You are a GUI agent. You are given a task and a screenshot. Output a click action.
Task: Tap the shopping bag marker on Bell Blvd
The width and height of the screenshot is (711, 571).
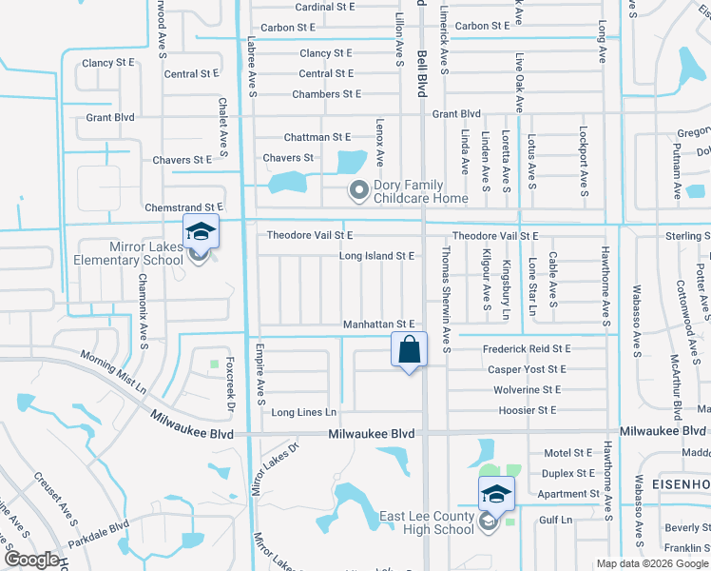pyautogui.click(x=409, y=348)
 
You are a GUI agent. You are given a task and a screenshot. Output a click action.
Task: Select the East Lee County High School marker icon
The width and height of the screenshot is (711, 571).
pyautogui.click(x=495, y=494)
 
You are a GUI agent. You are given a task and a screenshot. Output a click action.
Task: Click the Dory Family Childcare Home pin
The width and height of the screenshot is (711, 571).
pyautogui.click(x=359, y=191)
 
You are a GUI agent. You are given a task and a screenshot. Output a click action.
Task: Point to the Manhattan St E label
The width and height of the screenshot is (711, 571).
pyautogui.click(x=379, y=325)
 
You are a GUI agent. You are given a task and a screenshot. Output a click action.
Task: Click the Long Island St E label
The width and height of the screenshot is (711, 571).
pyautogui.click(x=376, y=256)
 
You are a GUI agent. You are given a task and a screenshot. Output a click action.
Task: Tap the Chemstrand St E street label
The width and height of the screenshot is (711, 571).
pyautogui.click(x=183, y=207)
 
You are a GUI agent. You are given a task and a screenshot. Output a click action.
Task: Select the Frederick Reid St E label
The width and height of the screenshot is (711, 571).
pyautogui.click(x=526, y=350)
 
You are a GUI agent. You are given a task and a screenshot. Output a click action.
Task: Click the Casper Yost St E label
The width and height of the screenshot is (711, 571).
pyautogui.click(x=527, y=369)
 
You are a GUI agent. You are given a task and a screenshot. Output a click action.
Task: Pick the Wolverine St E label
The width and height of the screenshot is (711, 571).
pyautogui.click(x=527, y=390)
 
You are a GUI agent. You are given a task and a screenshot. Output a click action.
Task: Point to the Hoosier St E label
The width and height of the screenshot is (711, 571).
pyautogui.click(x=526, y=410)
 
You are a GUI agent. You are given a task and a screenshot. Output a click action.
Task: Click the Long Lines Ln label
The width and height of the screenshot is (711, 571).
pyautogui.click(x=304, y=412)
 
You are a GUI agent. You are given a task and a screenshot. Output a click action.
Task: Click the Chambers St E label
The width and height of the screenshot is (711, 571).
pyautogui.click(x=326, y=94)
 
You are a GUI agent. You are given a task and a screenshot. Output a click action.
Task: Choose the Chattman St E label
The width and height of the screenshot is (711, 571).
pyautogui.click(x=317, y=138)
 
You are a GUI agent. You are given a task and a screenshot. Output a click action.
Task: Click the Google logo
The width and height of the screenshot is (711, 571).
pyautogui.click(x=31, y=561)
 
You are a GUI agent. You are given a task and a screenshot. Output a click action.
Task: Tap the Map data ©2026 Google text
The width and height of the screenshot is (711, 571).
pyautogui.click(x=652, y=564)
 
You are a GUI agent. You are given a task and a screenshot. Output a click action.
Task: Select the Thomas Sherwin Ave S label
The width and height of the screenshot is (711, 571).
pyautogui.click(x=445, y=298)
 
